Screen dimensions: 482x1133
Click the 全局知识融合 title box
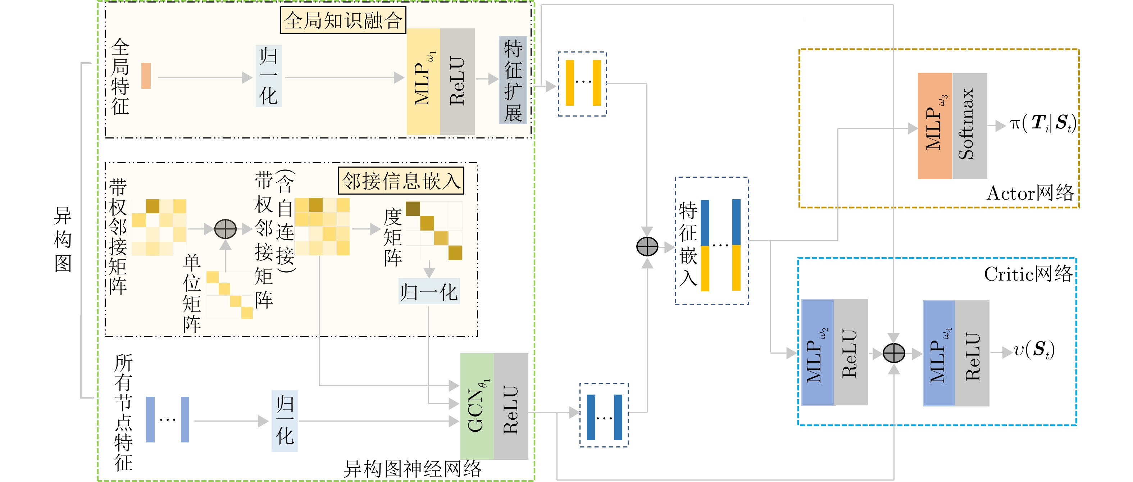tap(343, 20)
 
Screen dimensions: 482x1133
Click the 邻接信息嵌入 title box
tap(401, 181)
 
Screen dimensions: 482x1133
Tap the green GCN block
tap(477, 406)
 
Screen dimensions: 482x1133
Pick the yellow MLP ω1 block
tap(423, 82)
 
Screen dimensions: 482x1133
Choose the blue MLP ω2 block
tap(818, 352)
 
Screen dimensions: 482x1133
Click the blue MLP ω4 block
tap(939, 353)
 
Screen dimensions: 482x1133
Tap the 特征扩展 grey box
tap(513, 80)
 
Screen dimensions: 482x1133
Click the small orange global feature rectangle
tap(146, 76)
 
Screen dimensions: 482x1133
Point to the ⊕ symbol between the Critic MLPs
tap(894, 353)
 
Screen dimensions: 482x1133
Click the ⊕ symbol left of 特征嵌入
tap(647, 246)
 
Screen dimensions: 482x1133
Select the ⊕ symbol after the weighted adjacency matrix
tap(225, 229)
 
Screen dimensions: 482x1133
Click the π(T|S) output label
tap(1042, 123)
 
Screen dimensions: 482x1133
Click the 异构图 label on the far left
tap(63, 240)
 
